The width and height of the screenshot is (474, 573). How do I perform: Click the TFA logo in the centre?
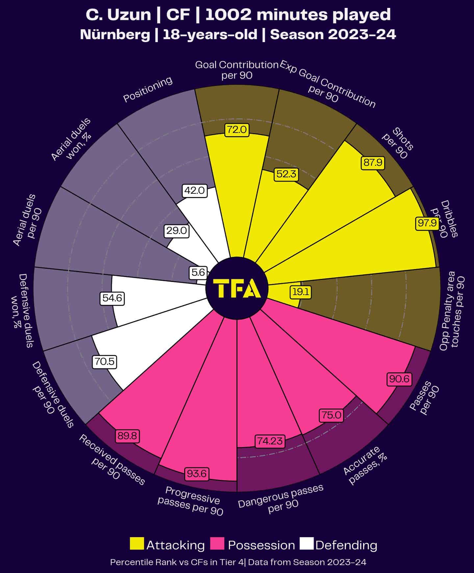(237, 288)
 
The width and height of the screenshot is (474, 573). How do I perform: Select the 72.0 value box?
(237, 130)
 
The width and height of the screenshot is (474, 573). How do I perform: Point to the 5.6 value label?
(198, 272)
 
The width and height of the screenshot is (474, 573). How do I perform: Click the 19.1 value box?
(301, 292)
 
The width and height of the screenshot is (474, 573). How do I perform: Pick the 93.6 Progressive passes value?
(197, 474)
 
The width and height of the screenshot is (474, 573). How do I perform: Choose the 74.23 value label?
(270, 441)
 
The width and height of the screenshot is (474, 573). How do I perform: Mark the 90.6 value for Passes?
(399, 379)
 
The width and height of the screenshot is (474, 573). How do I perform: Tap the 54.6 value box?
(112, 298)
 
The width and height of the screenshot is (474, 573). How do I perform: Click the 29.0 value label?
(176, 231)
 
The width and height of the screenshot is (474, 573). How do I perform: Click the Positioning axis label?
(148, 89)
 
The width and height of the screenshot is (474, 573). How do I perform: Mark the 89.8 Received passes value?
(128, 436)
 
